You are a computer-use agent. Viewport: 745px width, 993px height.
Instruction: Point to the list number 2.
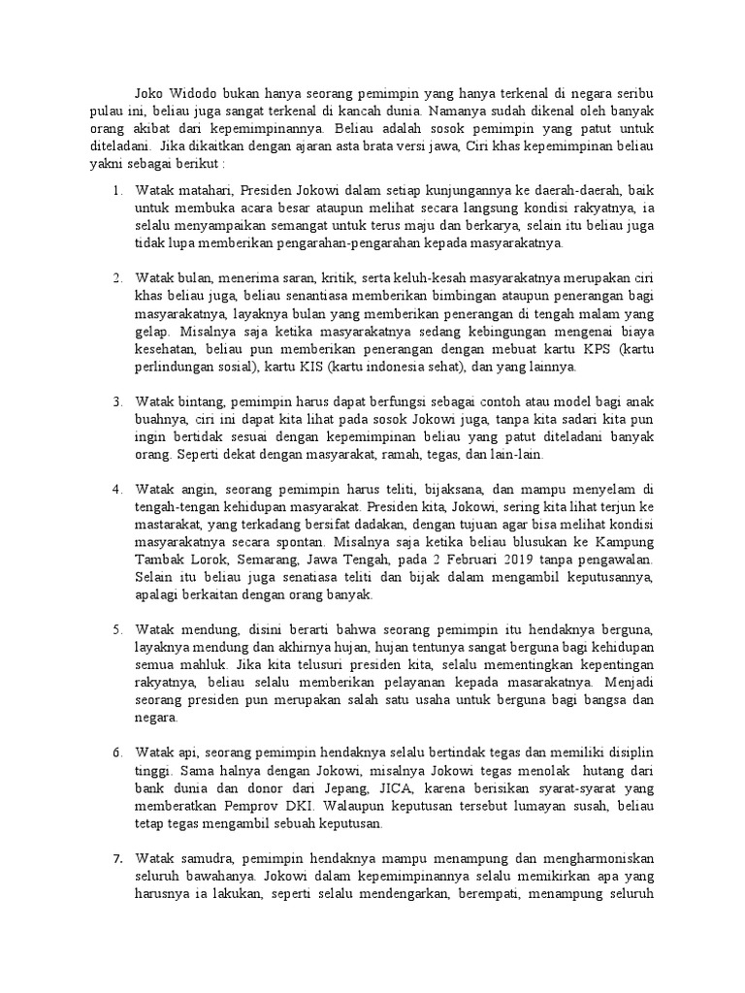(x=116, y=278)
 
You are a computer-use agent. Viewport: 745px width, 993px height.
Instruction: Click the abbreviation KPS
(x=604, y=348)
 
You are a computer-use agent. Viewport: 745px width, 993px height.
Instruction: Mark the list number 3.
(x=116, y=400)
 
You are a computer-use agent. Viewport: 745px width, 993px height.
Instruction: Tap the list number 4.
(x=116, y=488)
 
